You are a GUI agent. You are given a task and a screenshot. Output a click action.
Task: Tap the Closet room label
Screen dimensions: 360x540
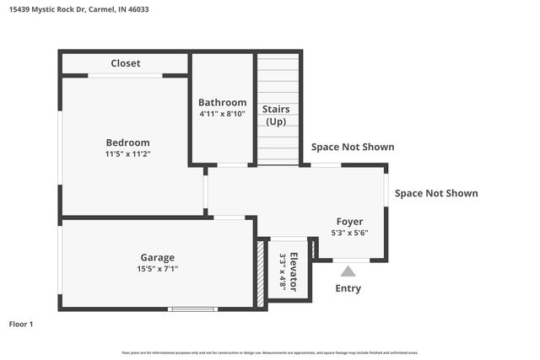126,63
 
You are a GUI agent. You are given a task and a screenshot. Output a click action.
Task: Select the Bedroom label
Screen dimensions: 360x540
127,142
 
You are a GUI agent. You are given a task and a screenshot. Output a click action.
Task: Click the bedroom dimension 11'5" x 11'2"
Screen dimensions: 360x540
127,154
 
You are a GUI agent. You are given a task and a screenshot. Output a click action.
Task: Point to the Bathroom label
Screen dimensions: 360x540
223,102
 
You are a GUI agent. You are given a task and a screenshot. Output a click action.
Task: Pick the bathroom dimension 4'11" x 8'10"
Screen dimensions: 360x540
223,114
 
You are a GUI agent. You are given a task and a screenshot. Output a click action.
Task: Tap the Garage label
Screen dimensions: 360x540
158,257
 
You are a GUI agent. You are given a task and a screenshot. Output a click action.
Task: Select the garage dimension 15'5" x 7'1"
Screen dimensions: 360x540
158,269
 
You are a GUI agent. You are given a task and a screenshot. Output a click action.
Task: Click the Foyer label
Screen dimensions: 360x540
349,222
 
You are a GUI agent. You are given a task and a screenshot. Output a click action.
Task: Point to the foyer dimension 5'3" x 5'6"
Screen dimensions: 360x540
349,233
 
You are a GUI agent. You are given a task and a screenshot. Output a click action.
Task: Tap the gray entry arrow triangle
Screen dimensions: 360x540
348,271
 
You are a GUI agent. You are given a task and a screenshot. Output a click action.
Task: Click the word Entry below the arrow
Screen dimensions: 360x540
348,288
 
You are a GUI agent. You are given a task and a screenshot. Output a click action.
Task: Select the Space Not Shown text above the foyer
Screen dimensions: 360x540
353,147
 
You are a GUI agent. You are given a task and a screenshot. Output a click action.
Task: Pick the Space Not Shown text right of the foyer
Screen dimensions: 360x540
436,193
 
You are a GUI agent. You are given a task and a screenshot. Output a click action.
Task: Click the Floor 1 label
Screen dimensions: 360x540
21,324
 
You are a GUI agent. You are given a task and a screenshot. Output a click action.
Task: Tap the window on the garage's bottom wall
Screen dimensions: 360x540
192,309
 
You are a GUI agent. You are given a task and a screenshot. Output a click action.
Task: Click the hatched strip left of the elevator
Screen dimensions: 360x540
261,273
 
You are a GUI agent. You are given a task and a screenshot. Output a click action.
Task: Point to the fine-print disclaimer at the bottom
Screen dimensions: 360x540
270,352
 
